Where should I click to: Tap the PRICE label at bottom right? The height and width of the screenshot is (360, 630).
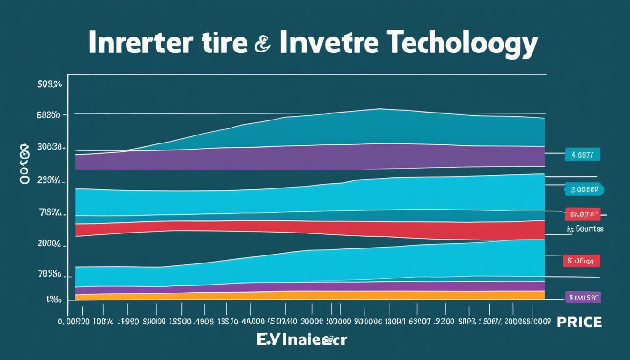coord(579,322)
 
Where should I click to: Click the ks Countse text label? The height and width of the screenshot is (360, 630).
coord(584,229)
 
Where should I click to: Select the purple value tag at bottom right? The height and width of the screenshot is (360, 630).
coord(583,297)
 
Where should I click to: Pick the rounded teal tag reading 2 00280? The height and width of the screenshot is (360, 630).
coord(584,189)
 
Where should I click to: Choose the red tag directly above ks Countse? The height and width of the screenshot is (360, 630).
coord(583,214)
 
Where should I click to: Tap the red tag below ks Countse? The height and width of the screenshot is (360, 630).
coord(581,261)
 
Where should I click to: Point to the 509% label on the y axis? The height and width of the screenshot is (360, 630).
coord(49,85)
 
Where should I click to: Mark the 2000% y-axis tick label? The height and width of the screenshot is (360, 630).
coord(49,243)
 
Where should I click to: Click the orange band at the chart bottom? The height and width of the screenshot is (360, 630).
coord(309,295)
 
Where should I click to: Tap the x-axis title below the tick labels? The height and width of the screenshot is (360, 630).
coord(301,340)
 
